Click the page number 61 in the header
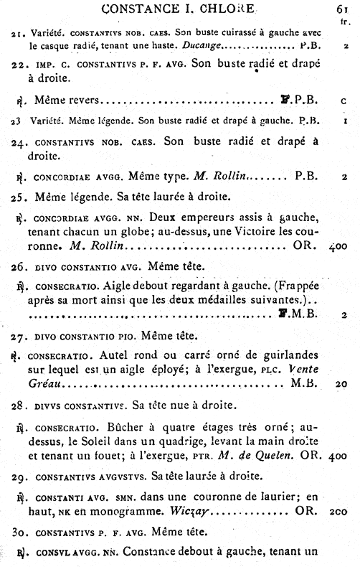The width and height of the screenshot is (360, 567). [342, 9]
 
